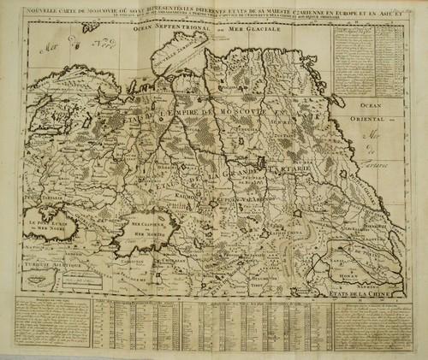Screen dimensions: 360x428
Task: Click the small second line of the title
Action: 214,21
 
